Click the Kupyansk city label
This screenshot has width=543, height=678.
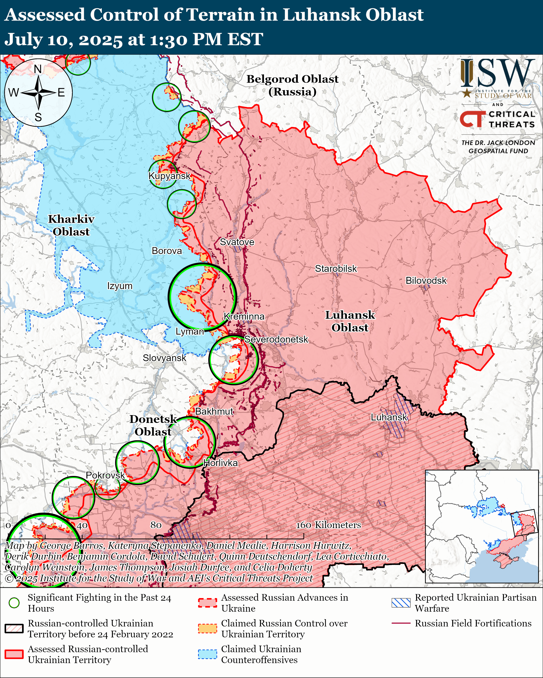[x=169, y=176]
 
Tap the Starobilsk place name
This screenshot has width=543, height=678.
[x=336, y=269]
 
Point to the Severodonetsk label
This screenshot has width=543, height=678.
[x=276, y=339]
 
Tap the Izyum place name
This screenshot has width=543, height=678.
[x=120, y=286]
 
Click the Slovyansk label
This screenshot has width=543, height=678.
[x=164, y=358]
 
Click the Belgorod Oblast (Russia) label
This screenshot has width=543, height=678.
[x=292, y=85]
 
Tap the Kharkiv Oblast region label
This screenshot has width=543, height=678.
[x=71, y=225]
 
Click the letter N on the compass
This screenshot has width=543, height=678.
[x=38, y=69]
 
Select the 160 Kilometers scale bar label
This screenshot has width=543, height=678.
[x=328, y=525]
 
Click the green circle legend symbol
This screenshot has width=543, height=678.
[x=14, y=603]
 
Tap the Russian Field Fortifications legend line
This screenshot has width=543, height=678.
[x=401, y=623]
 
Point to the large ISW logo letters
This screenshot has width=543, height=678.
[x=497, y=73]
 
